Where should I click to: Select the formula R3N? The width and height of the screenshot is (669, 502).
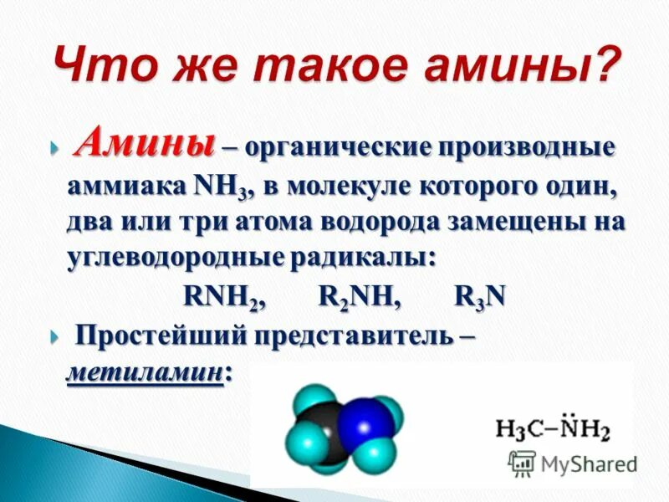(x=480, y=296)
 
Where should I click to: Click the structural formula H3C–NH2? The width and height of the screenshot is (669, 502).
(x=553, y=429)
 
